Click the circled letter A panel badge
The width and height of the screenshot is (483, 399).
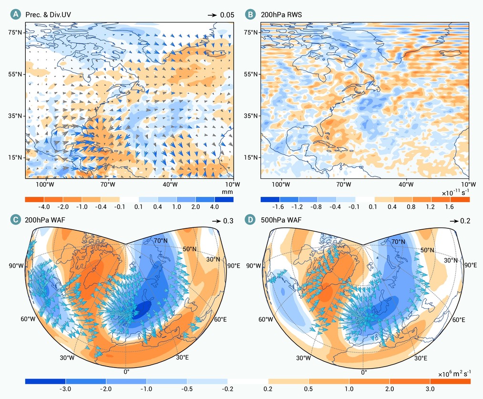[16, 14]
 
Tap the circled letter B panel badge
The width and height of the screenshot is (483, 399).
[251, 14]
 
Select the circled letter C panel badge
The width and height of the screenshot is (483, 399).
[16, 219]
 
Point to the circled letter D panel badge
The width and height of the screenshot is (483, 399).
[251, 219]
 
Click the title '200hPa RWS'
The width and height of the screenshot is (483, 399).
[281, 15]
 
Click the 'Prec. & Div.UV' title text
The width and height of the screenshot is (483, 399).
[48, 15]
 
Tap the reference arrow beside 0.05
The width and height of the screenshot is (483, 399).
[212, 15]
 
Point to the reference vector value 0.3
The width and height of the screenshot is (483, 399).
[228, 221]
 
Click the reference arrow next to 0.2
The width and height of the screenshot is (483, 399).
[454, 221]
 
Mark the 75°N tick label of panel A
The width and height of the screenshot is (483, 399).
[15, 32]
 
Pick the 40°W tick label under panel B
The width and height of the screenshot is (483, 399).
[406, 184]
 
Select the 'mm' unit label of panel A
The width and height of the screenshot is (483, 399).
[227, 192]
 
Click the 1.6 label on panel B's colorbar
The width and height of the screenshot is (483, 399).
[450, 206]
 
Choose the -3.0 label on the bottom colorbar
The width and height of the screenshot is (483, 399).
[65, 389]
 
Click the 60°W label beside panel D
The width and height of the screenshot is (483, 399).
[266, 319]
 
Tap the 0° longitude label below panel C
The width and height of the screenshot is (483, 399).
[126, 372]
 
